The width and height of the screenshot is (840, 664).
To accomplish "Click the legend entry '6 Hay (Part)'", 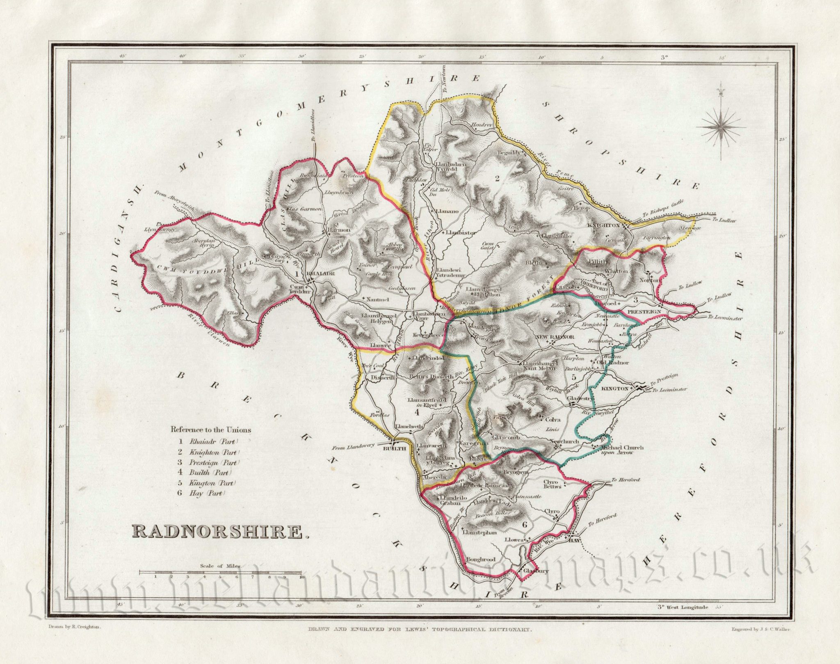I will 203,493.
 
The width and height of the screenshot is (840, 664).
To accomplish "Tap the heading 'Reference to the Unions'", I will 210,430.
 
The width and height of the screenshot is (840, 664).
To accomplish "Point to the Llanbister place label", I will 459,232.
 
